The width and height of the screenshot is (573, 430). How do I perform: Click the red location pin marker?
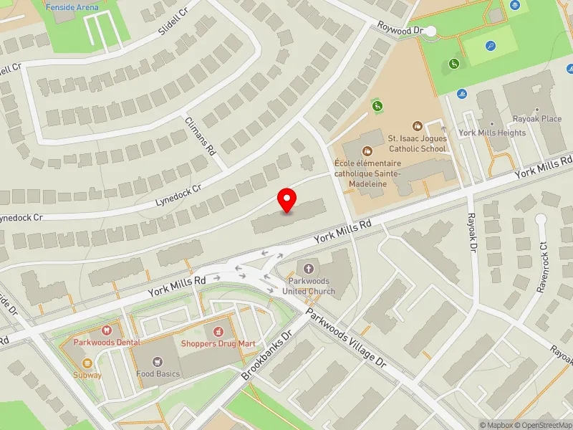click(287, 200)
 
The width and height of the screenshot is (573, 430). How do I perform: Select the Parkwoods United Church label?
click(309, 286)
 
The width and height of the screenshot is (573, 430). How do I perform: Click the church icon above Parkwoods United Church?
click(309, 268)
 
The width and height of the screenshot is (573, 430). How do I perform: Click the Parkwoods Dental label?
click(106, 343)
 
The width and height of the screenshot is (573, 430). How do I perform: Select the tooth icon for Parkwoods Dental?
click(106, 330)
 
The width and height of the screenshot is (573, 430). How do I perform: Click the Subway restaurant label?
click(87, 375)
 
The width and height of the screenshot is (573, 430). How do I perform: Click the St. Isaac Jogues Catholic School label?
click(418, 143)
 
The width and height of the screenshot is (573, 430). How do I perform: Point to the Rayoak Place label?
click(536, 118)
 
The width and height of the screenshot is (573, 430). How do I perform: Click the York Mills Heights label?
click(492, 133)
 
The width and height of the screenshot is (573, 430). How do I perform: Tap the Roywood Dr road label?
click(402, 31)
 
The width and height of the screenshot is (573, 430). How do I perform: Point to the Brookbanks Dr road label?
click(267, 355)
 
